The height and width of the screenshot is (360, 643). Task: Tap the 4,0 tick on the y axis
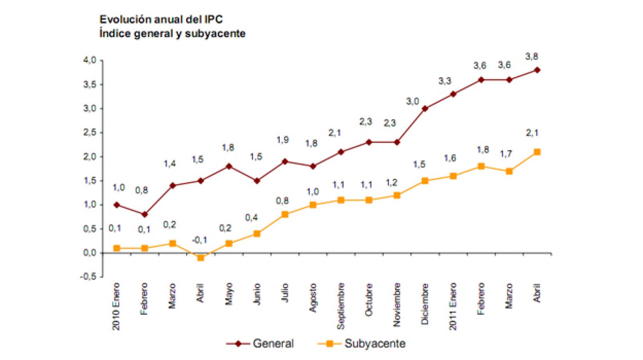(90, 60)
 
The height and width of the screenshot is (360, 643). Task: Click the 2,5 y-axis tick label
(90, 133)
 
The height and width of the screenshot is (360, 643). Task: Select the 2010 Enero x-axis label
(116, 307)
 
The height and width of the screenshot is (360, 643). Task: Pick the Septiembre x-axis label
(341, 306)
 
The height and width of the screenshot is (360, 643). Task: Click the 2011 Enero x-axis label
(453, 307)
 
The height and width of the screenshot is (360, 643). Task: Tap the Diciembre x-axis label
(425, 304)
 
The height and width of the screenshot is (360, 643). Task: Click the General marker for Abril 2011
(537, 70)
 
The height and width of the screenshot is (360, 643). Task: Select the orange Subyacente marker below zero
(201, 258)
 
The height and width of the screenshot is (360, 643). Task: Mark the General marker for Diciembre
(425, 108)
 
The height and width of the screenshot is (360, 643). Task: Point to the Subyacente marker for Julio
(285, 215)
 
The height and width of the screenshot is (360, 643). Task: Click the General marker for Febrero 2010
(145, 215)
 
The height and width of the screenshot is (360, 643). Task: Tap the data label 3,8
(532, 57)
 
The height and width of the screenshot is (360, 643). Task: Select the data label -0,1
(199, 240)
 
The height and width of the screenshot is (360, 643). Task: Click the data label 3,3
(444, 81)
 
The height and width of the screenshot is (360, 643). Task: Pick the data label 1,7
(506, 154)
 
